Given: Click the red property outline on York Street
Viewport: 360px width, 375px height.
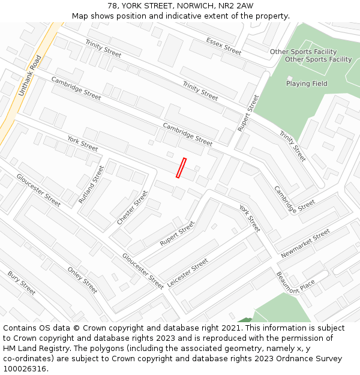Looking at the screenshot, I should click(181, 168).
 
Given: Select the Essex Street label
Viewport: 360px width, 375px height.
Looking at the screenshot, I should click(223, 46).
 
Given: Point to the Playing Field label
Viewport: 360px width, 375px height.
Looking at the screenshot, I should click(307, 84).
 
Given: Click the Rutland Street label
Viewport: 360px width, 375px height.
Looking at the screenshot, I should click(91, 184).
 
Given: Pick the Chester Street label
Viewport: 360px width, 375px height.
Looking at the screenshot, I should click(132, 208).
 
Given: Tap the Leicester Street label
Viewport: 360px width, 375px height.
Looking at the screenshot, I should click(188, 273).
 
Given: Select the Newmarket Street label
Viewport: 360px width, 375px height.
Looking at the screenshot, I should click(305, 244).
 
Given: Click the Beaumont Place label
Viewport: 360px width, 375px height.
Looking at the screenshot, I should click(295, 283).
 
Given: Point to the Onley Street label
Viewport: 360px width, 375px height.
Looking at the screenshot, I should click(82, 280).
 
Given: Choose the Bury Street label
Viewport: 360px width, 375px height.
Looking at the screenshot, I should click(22, 283).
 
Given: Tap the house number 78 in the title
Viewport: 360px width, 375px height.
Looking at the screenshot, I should click(113, 6).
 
